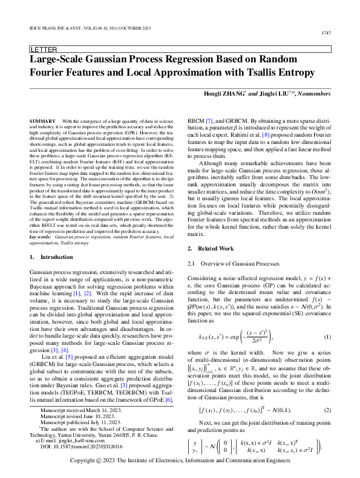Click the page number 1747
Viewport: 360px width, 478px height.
click(342, 33)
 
